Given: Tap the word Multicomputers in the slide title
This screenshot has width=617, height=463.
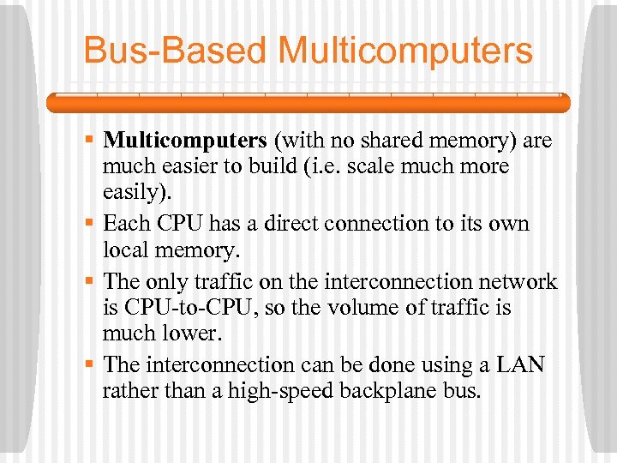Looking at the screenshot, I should pyautogui.click(x=405, y=51).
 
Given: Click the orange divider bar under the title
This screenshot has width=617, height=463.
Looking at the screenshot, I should pyautogui.click(x=308, y=104).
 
